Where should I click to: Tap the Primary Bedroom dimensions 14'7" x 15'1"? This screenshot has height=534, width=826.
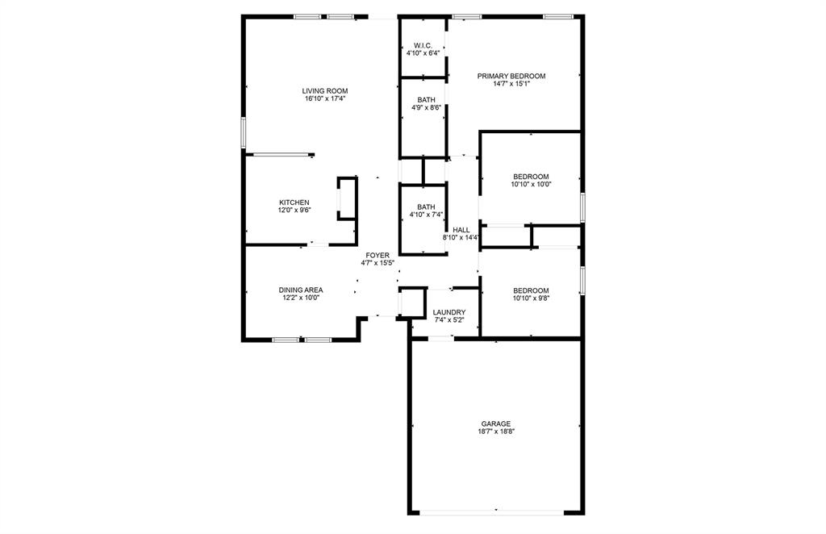coord(511,83)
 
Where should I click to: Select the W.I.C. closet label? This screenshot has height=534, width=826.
coord(423,45)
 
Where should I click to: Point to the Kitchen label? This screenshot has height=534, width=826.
coord(294,202)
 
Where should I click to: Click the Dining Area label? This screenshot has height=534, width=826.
coord(301,290)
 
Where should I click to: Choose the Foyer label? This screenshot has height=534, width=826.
coord(377,255)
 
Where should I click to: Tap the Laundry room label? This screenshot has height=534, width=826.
coord(448,312)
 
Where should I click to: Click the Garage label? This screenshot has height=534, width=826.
coord(495,423)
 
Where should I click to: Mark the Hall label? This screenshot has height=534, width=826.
coord(461,230)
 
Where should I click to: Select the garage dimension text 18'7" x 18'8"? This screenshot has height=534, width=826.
coord(495,432)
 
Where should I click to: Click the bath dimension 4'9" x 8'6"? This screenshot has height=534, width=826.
coord(426,107)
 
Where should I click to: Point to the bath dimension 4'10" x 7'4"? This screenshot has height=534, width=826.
coord(426,215)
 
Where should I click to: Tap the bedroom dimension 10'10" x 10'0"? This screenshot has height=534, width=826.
coord(531,185)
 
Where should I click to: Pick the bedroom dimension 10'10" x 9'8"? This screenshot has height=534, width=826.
coord(531,298)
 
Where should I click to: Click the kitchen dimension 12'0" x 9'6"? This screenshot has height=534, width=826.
coord(294,211)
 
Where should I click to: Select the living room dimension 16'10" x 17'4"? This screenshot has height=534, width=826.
coord(324,99)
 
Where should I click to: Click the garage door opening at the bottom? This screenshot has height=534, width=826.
coord(495,511)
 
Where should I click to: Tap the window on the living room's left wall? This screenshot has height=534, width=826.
coord(244,132)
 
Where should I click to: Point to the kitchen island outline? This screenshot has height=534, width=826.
coord(348,198)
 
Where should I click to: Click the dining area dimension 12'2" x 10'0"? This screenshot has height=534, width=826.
coord(301,298)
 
